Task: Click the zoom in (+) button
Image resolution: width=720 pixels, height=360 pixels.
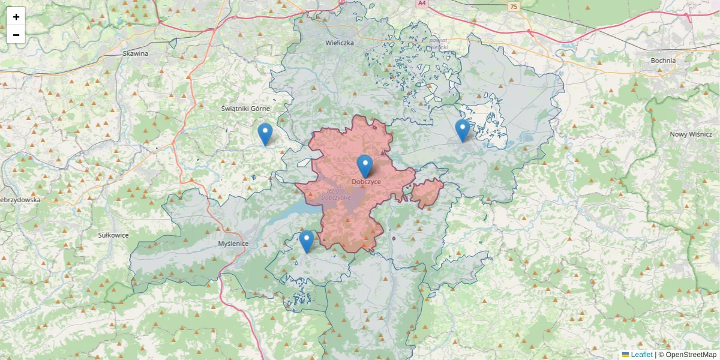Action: (16, 17)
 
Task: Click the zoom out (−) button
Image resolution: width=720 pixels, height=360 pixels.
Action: (16, 35)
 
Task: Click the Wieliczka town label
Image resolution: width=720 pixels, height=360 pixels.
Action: (340, 43)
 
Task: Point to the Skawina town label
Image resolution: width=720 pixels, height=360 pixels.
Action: (135, 53)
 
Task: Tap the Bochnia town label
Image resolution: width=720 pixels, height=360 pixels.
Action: (663, 61)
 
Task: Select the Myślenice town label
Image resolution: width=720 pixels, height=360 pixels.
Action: (233, 244)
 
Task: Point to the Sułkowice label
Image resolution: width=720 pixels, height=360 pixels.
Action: (113, 235)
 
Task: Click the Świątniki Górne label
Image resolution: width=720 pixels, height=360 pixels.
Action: (245, 109)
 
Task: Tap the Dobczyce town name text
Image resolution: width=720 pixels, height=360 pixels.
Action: (366, 182)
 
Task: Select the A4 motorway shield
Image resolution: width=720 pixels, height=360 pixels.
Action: (422, 3)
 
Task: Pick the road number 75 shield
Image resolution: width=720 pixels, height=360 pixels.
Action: (512, 7)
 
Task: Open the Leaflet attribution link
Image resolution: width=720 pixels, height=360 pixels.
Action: (641, 355)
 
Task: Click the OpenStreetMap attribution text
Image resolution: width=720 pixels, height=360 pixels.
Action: (691, 355)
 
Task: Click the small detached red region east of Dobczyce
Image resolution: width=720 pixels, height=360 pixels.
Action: (427, 193)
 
